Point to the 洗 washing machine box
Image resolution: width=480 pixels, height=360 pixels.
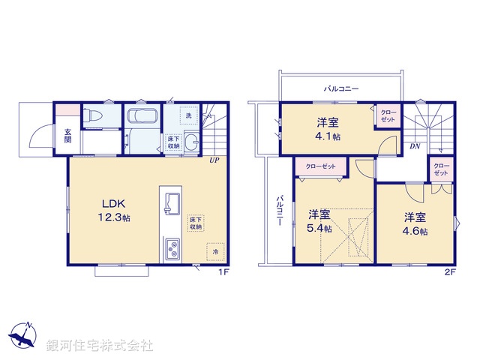189,115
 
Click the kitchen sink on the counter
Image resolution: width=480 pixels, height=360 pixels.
171,202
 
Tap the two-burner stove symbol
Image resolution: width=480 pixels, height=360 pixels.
172,247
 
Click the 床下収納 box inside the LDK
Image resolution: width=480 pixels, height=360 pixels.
196,222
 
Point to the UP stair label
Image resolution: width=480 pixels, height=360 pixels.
214,160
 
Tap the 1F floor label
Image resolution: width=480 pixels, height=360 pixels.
223,271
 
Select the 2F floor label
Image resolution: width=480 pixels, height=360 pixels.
449,271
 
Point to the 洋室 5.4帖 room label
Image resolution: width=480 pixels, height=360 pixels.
320,221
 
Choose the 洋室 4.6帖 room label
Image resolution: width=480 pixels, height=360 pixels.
415,224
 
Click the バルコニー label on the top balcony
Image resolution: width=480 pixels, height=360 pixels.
341,88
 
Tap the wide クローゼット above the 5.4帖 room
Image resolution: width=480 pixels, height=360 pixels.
320,167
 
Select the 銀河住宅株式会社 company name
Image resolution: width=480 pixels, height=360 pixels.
99,346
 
